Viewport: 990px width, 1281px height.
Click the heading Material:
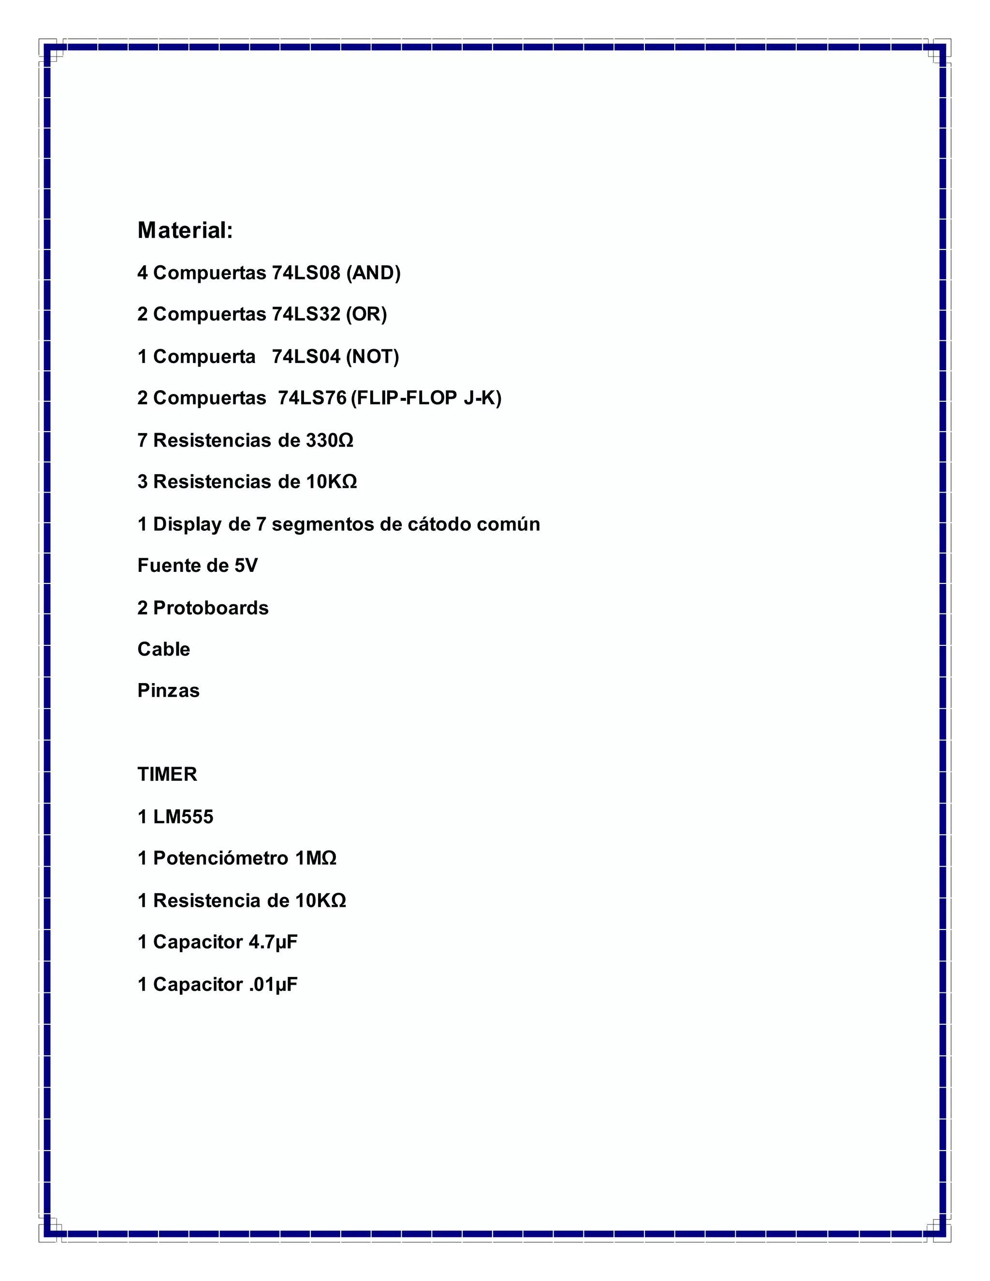coord(185,231)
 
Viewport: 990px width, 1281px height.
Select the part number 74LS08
coord(306,273)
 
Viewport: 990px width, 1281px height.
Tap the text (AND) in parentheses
coord(373,273)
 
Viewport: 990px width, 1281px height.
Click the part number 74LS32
coord(306,314)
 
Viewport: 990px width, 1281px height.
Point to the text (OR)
coord(366,314)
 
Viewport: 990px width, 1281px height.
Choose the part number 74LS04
coord(306,357)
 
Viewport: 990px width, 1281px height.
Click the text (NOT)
coord(372,357)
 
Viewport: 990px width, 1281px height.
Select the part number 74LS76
coord(312,398)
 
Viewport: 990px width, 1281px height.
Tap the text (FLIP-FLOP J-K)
coord(426,398)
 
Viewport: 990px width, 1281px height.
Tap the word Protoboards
coord(211,608)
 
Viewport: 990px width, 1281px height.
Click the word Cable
coord(164,650)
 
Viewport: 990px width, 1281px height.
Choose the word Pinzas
coord(168,691)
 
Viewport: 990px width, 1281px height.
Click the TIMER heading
coord(167,775)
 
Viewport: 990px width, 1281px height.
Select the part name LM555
coord(183,817)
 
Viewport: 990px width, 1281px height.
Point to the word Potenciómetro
coord(220,859)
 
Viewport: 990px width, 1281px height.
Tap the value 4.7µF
coord(273,943)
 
